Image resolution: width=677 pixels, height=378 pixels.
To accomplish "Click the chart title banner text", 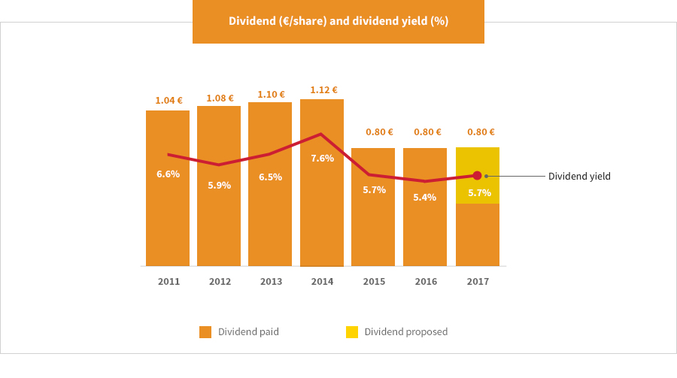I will tap(338, 21).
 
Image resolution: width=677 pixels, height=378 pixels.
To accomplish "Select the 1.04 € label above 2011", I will tap(168, 100).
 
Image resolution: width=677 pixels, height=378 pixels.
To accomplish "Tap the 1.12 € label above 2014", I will tap(323, 90).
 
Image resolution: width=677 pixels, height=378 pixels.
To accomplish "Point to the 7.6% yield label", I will tap(322, 158).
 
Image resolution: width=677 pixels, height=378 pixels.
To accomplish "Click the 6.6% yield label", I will tap(168, 174).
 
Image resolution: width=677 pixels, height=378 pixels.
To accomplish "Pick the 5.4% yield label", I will tap(425, 197).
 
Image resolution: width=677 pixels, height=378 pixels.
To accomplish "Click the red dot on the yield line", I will tap(477, 175).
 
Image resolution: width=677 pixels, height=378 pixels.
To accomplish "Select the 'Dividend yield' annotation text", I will tap(579, 177).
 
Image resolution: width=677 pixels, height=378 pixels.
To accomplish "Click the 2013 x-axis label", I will tap(271, 282).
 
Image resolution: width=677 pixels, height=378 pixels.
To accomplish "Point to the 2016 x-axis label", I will tap(426, 282).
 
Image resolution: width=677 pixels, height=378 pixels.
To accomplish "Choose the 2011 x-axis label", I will tap(168, 282).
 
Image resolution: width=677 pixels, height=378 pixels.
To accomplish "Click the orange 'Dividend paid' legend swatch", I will tap(205, 332).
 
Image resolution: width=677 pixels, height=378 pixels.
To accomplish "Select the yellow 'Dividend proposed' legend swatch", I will tap(352, 332).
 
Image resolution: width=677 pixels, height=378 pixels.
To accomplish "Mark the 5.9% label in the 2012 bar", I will tap(219, 185).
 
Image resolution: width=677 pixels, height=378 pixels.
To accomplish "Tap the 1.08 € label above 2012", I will tap(220, 98).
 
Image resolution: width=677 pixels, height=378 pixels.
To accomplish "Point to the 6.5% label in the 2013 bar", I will tap(270, 177).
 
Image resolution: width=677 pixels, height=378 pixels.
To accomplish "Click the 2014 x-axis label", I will tap(322, 282).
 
